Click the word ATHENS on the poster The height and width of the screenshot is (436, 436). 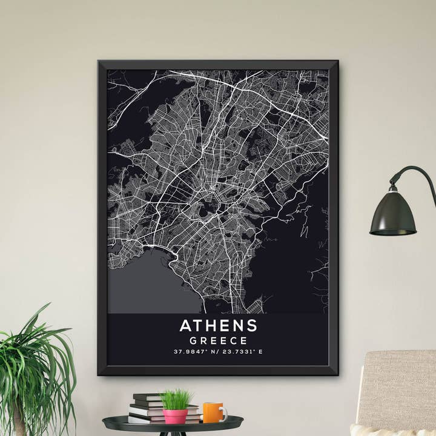[218, 325]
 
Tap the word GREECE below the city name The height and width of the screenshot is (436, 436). [218, 340]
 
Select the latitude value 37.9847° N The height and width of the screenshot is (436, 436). [196, 352]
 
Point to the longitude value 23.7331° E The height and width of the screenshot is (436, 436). [242, 352]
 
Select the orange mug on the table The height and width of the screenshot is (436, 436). [213, 412]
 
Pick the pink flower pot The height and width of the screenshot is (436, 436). [176, 416]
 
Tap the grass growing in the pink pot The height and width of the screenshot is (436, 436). [176, 400]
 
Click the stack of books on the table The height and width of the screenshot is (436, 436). [148, 409]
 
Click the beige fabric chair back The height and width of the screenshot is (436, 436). [400, 388]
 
